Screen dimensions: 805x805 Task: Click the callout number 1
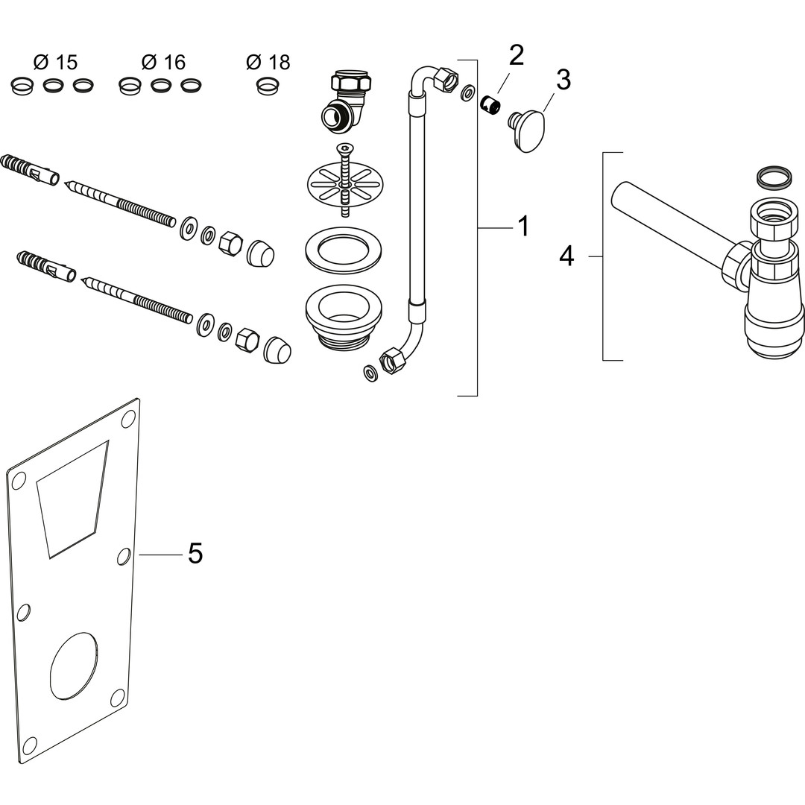tap(523, 226)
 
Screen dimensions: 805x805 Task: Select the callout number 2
tap(516, 56)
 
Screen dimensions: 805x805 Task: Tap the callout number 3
tap(563, 80)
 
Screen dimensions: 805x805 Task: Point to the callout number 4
tap(566, 256)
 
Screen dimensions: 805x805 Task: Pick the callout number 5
tap(195, 554)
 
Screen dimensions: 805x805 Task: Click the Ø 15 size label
tap(56, 63)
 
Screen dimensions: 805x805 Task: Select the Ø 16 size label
tap(163, 63)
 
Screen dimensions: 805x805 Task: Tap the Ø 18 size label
tap(268, 63)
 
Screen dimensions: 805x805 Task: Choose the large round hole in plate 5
tap(73, 666)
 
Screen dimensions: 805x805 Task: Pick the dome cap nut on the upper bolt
tap(260, 254)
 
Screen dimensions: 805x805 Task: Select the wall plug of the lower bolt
tap(45, 267)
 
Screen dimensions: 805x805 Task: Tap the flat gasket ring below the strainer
tap(344, 250)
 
